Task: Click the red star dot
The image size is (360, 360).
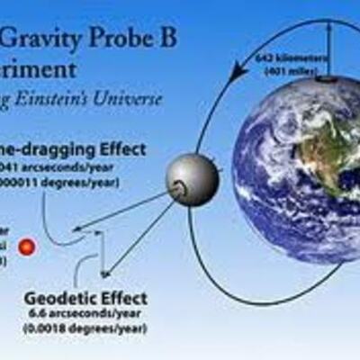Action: pyautogui.click(x=27, y=246)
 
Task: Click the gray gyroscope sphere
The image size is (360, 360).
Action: pyautogui.click(x=192, y=179)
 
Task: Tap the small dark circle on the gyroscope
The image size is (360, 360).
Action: pyautogui.click(x=180, y=187)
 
